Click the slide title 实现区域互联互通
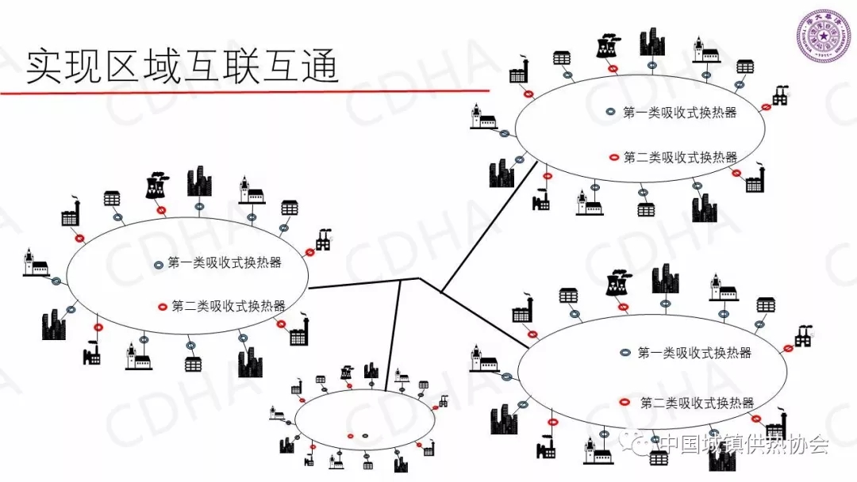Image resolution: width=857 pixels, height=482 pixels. pyautogui.click(x=183, y=67)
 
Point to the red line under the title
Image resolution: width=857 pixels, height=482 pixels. pyautogui.click(x=238, y=92)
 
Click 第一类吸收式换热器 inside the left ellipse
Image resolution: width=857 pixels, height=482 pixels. pyautogui.click(x=225, y=263)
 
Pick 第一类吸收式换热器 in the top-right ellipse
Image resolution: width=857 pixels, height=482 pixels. pyautogui.click(x=680, y=113)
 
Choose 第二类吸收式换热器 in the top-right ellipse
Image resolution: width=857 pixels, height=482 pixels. pyautogui.click(x=680, y=157)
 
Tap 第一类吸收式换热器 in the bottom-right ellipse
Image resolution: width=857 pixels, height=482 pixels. pyautogui.click(x=694, y=353)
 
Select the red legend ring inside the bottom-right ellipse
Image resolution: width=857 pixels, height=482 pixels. pyautogui.click(x=625, y=402)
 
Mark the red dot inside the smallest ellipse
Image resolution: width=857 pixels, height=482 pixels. pyautogui.click(x=350, y=435)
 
